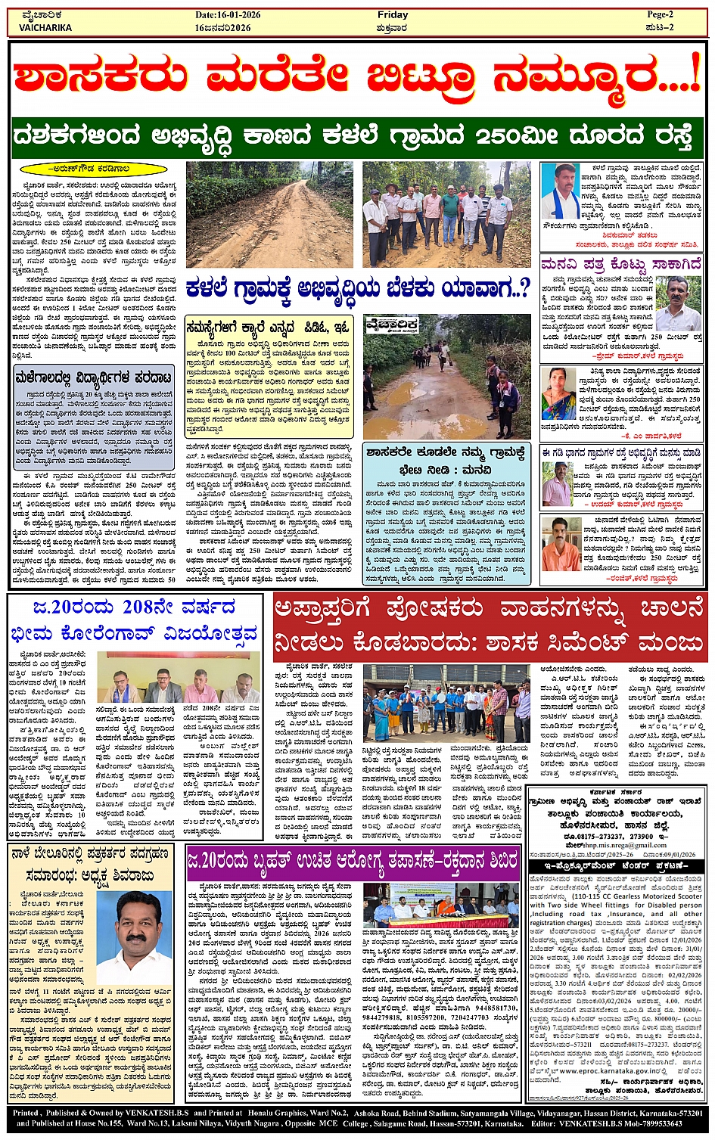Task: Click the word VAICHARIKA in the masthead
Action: coord(45,28)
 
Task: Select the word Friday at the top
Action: coord(393,15)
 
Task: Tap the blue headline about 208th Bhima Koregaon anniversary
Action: coord(135,620)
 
